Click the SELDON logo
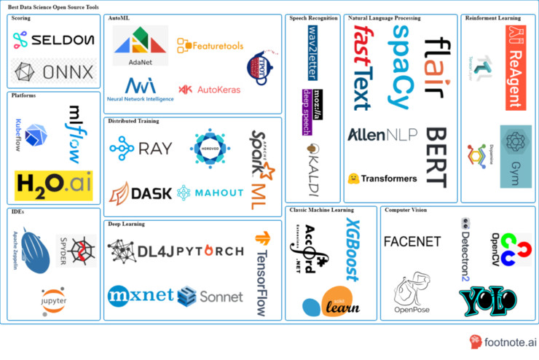coord(53,40)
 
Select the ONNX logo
coord(53,72)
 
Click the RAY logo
coord(141,149)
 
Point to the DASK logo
coord(141,192)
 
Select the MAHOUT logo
coord(211,192)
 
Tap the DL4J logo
coord(141,251)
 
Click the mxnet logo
coord(141,295)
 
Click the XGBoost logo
coord(352,249)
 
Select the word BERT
coord(435,157)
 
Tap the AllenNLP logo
coord(382,135)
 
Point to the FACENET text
coord(412,242)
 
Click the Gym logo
coord(515,146)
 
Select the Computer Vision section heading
coord(406,211)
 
